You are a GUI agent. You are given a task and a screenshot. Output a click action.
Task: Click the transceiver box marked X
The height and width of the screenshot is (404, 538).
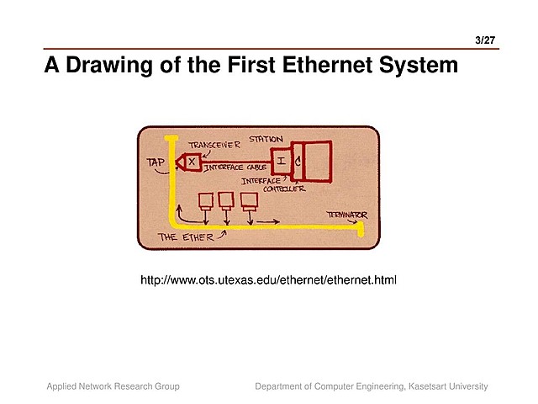tap(193, 161)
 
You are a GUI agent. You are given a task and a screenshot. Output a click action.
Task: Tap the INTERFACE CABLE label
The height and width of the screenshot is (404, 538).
tap(235, 168)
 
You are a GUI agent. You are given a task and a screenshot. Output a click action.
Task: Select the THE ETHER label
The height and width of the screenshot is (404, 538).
tap(187, 238)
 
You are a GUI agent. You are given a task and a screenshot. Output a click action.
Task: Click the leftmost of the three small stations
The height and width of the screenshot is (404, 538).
tap(205, 200)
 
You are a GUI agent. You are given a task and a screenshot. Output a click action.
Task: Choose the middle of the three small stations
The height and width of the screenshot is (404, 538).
tap(225, 199)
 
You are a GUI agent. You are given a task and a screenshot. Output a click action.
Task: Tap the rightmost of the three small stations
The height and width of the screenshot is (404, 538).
tap(249, 200)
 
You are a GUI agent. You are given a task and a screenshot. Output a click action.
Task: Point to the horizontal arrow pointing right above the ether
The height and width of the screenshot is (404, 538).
tap(268, 221)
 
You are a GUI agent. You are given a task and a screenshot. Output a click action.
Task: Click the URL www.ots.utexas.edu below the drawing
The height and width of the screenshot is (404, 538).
tap(268, 279)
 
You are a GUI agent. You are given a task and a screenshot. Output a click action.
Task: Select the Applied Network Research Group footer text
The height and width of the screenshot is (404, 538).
tap(113, 386)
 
